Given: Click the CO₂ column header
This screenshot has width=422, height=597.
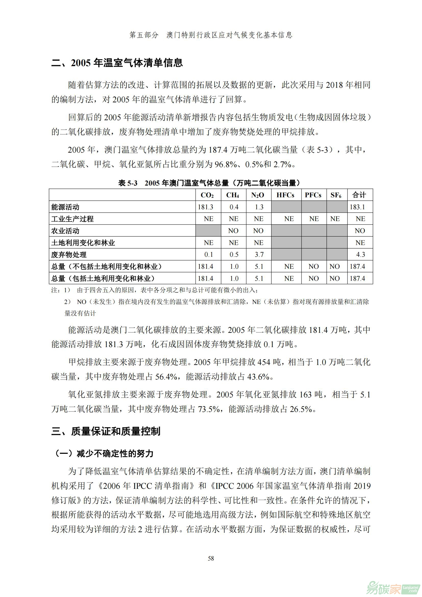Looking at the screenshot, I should tap(207, 195).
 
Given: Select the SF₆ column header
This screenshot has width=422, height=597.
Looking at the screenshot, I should tap(336, 195).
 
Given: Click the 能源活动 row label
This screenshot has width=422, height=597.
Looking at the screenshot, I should tap(65, 207).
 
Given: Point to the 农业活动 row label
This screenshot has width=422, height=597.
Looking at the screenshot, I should tap(65, 231).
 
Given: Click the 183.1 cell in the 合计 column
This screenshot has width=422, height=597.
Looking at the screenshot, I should tap(357, 207).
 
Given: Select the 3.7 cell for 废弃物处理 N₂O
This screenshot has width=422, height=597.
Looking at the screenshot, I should tap(259, 254).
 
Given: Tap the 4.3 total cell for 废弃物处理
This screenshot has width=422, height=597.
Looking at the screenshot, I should tap(360, 254).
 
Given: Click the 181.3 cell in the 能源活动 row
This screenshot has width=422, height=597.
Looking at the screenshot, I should tap(206, 207).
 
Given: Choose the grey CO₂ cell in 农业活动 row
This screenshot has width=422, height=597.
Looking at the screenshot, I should tap(208, 231).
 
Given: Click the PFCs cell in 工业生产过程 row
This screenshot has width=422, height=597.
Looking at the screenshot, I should tap(314, 219).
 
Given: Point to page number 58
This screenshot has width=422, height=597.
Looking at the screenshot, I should tap(211, 558).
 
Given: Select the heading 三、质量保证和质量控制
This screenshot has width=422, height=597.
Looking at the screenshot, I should tap(106, 431).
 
